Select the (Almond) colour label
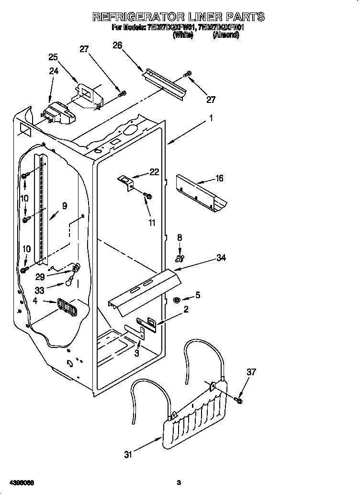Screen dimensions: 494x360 tap(225, 35)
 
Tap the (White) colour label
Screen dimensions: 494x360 tap(182, 35)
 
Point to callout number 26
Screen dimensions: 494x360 tap(117, 45)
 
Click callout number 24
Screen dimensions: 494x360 tap(54, 71)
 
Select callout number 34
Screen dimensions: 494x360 tap(221, 258)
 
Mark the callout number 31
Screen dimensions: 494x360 tap(128, 455)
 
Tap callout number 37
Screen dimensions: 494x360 tap(251, 372)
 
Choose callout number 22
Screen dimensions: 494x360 tap(154, 172)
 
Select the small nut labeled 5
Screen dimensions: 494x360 tap(176, 300)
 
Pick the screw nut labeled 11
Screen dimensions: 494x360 tap(148, 195)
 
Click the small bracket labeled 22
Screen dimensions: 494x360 tap(126, 182)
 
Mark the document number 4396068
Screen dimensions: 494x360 tap(20, 482)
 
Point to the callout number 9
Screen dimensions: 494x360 tap(64, 206)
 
